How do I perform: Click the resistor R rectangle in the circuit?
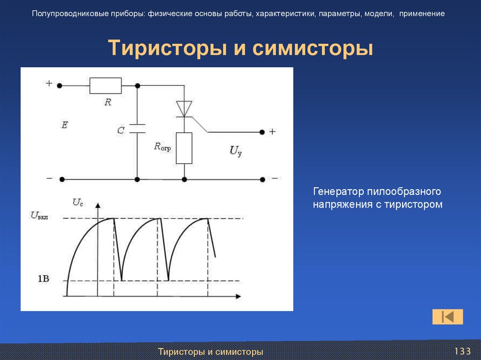pyautogui.click(x=105, y=86)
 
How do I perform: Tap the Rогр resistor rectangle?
pyautogui.click(x=184, y=148)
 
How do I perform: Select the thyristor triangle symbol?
pyautogui.click(x=184, y=108)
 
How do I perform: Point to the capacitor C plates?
pyautogui.click(x=137, y=129)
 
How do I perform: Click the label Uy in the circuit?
pyautogui.click(x=235, y=151)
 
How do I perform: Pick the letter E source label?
pyautogui.click(x=64, y=125)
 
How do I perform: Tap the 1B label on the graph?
pyautogui.click(x=44, y=279)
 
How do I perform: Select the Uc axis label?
pyautogui.click(x=78, y=202)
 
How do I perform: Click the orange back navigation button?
pyautogui.click(x=448, y=317)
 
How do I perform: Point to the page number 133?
pyautogui.click(x=462, y=352)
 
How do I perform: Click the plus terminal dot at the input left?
pyautogui.click(x=61, y=86)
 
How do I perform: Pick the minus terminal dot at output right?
pyautogui.click(x=263, y=179)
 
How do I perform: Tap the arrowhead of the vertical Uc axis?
pyautogui.click(x=98, y=206)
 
